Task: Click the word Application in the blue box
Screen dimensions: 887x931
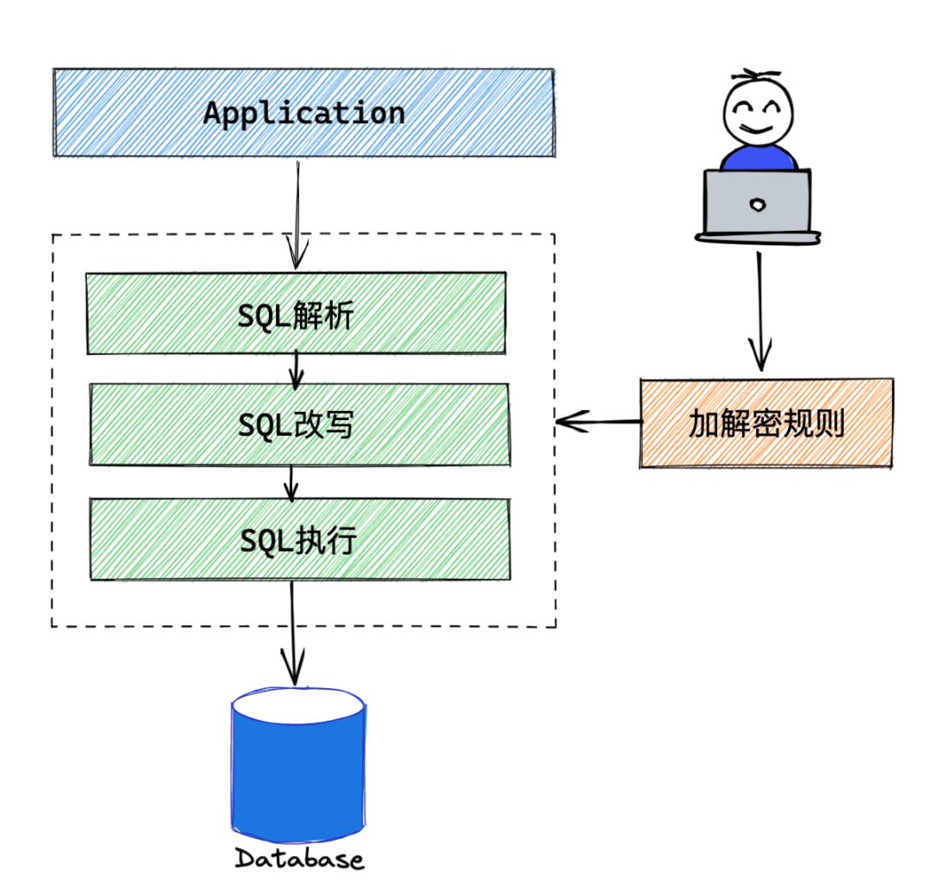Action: pos(303,114)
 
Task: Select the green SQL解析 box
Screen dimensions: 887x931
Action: pos(295,313)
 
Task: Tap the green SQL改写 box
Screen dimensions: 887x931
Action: pos(298,425)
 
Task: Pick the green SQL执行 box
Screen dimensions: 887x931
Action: pos(298,540)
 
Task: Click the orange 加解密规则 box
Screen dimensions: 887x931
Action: pos(765,423)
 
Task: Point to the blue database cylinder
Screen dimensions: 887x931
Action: pos(298,784)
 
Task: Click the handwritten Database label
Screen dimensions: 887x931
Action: pos(299,859)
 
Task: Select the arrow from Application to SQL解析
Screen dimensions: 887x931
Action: pos(297,215)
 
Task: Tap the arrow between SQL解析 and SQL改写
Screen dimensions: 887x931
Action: pos(297,369)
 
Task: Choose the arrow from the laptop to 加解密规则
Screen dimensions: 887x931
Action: pos(759,310)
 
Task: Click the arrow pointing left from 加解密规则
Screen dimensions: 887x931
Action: pos(599,422)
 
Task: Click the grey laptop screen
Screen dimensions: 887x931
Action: pos(757,202)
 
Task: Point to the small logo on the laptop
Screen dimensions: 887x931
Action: pos(758,204)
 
